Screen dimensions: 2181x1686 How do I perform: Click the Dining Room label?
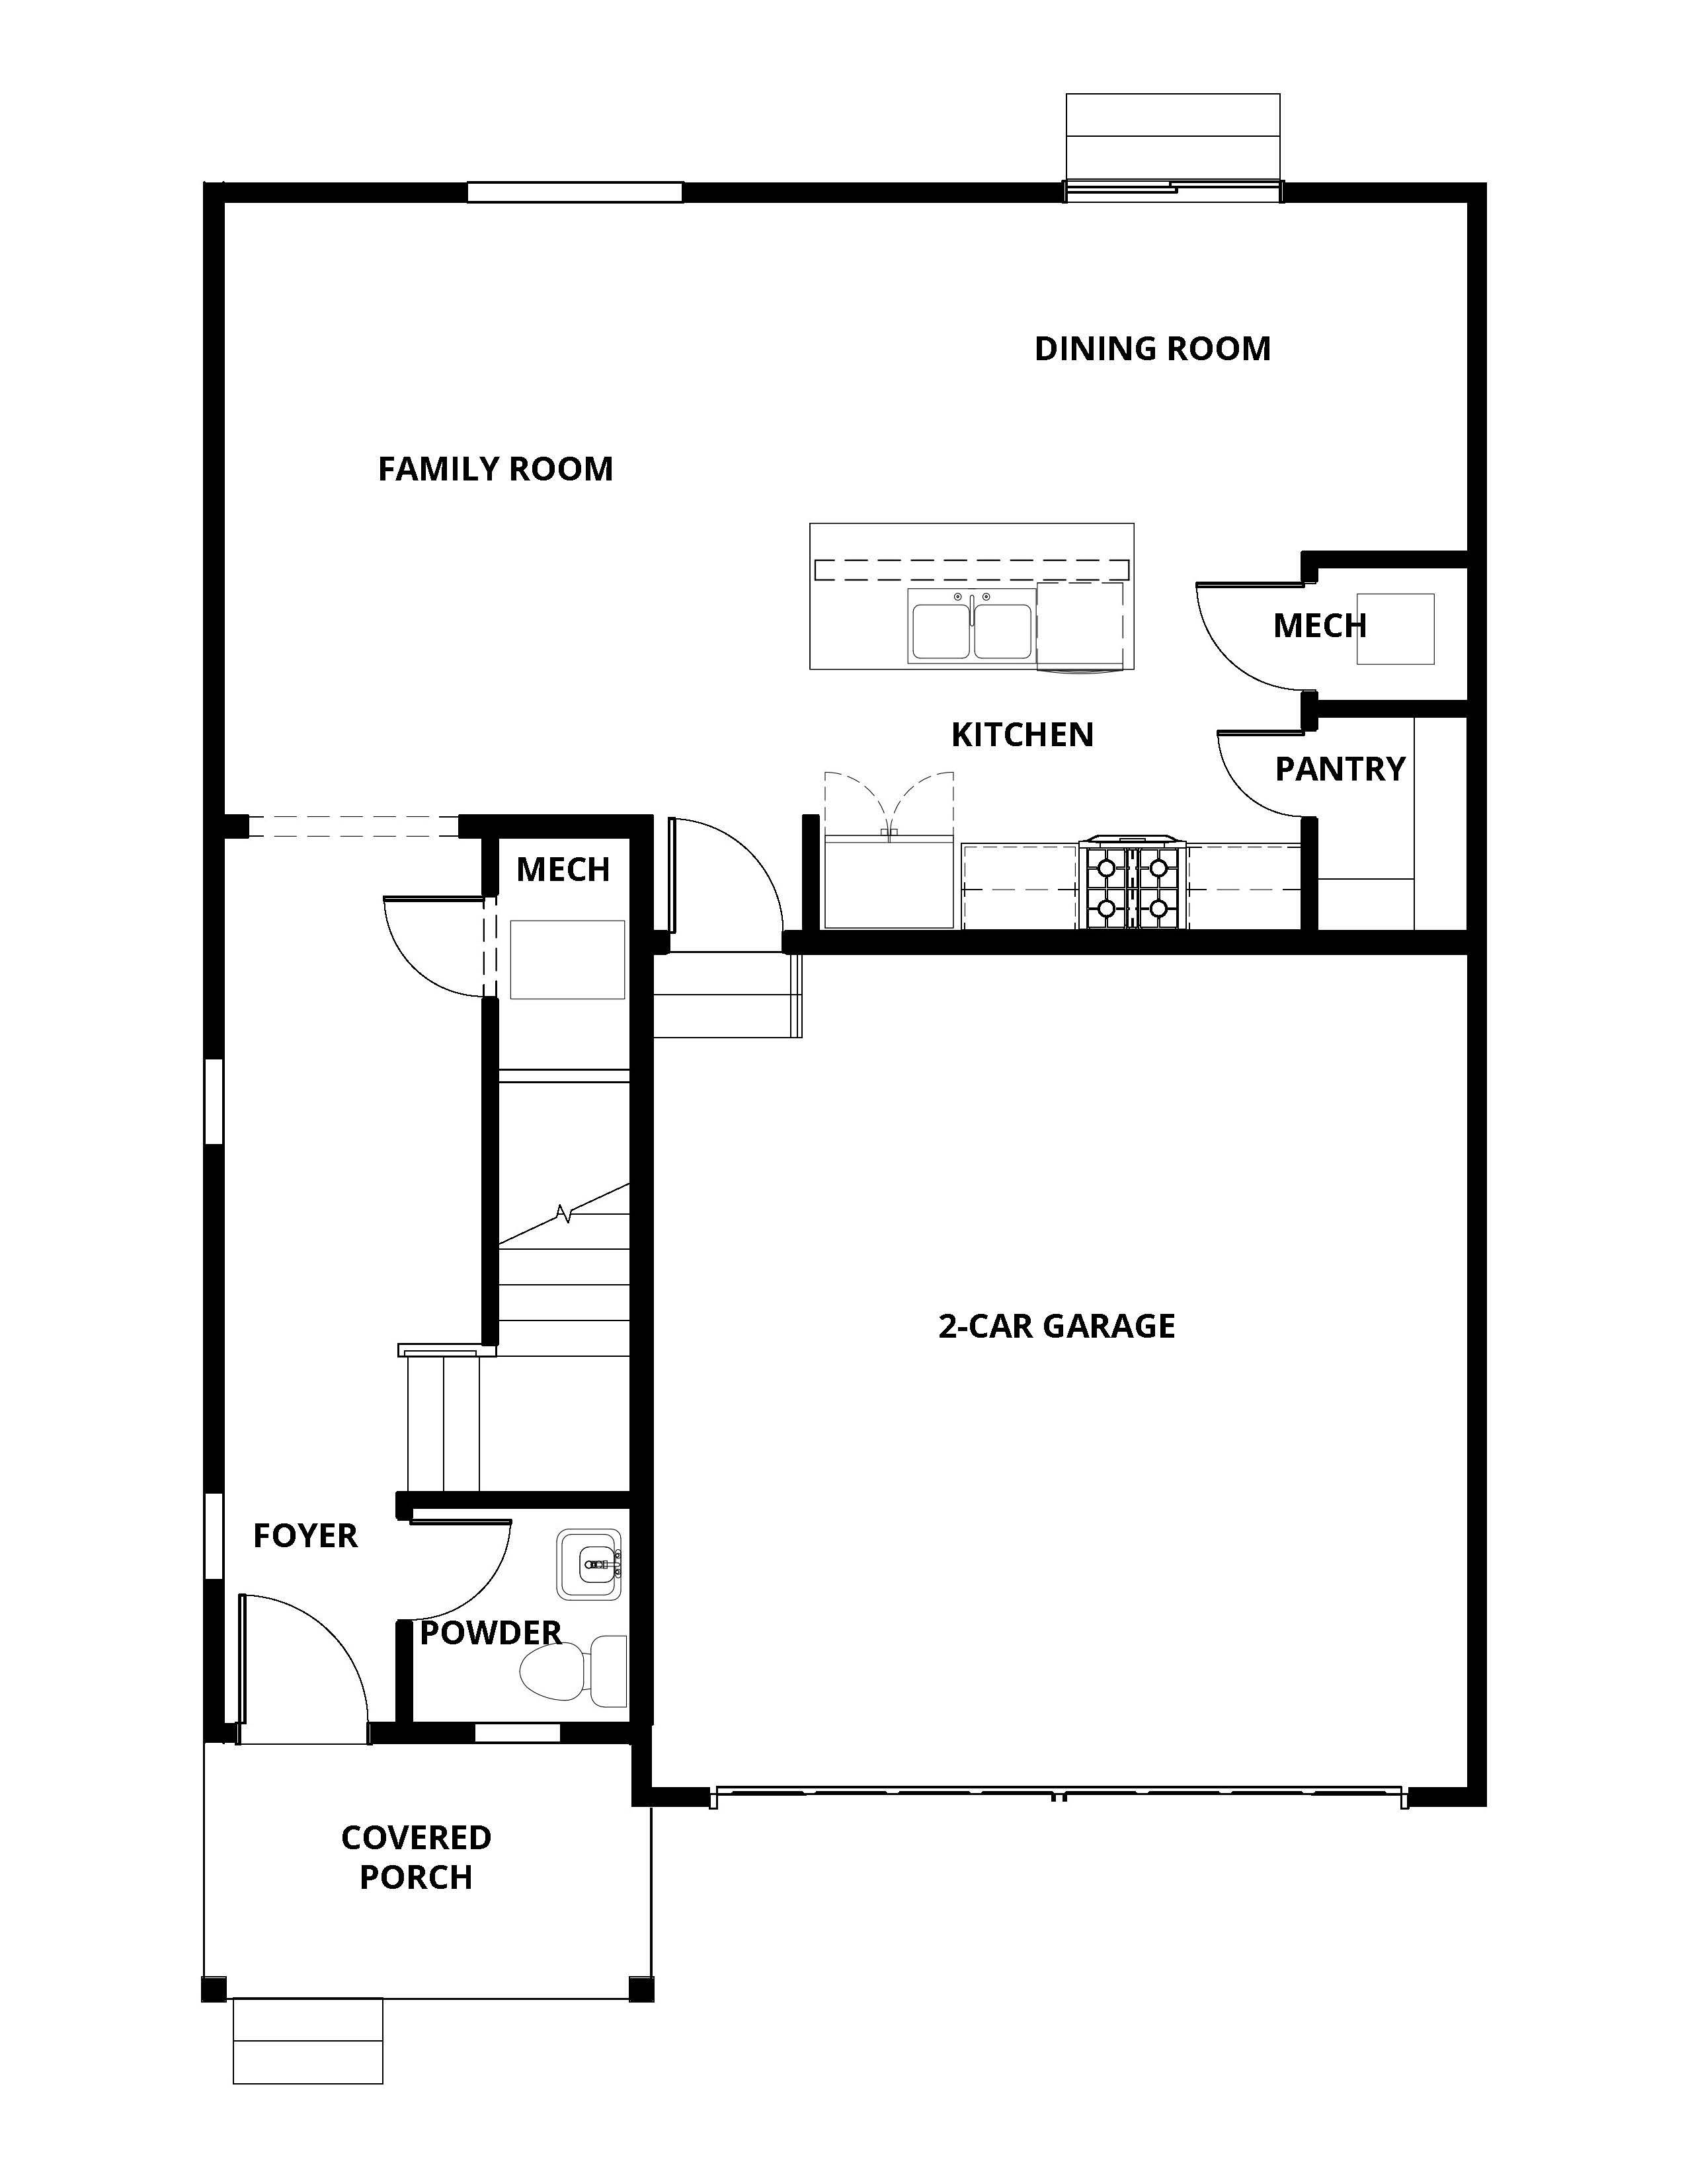click(1152, 348)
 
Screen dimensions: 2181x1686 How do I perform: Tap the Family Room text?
click(495, 469)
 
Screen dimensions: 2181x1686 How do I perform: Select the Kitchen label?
click(1022, 735)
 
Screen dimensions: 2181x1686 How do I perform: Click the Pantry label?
click(1340, 768)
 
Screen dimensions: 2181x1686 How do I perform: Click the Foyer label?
click(305, 1535)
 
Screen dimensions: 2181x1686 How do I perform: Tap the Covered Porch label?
click(415, 1856)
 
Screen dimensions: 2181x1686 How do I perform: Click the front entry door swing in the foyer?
click(300, 1663)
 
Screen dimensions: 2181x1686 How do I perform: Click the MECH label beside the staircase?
click(563, 870)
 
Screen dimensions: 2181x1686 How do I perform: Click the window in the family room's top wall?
click(575, 192)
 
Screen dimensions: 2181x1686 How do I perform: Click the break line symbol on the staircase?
click(565, 1213)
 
